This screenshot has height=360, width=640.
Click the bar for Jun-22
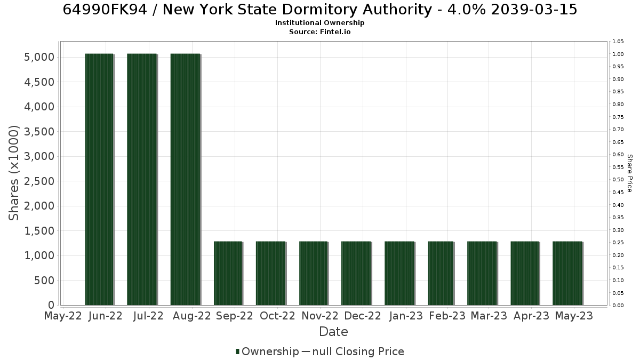click(x=99, y=179)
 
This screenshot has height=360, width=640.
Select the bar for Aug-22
click(x=186, y=179)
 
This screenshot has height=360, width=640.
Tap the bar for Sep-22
click(x=228, y=273)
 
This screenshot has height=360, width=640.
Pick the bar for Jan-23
click(x=399, y=273)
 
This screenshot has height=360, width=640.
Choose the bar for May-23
click(x=567, y=273)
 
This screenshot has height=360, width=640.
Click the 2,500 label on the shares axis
click(x=39, y=181)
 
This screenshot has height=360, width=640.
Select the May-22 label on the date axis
click(x=63, y=316)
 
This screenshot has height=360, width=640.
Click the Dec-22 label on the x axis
click(x=363, y=316)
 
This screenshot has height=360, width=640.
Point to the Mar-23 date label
click(x=489, y=316)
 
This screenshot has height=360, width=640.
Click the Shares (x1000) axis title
click(x=13, y=173)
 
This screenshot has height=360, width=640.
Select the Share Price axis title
click(x=630, y=173)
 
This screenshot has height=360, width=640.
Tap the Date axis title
click(x=333, y=332)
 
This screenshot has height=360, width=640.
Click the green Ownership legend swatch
click(x=237, y=351)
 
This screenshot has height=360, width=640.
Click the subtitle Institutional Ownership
click(x=319, y=23)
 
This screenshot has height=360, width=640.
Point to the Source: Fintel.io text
click(x=319, y=31)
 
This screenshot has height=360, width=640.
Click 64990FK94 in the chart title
click(x=105, y=10)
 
